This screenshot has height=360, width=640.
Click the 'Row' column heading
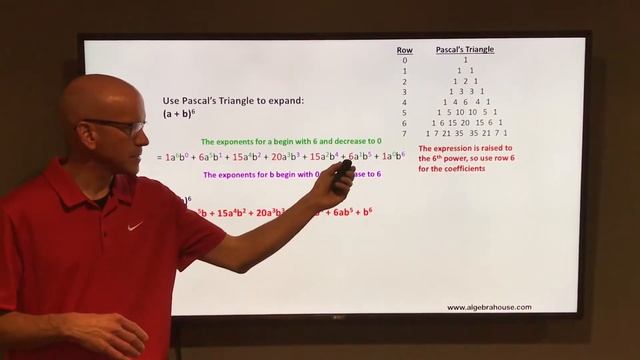tap(404, 49)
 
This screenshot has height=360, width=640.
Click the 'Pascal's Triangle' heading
tap(465, 49)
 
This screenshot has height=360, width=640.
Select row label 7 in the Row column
tap(404, 132)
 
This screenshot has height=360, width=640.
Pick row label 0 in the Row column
tap(404, 60)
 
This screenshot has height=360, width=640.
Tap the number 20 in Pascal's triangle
tap(465, 122)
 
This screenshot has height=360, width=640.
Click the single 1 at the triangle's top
tap(465, 60)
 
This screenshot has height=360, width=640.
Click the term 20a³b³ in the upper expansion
tap(287, 157)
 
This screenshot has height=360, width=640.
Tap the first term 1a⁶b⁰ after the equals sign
tap(178, 157)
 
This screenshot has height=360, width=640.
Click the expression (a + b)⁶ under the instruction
tap(181, 115)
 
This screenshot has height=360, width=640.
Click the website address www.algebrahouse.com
tap(489, 307)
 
